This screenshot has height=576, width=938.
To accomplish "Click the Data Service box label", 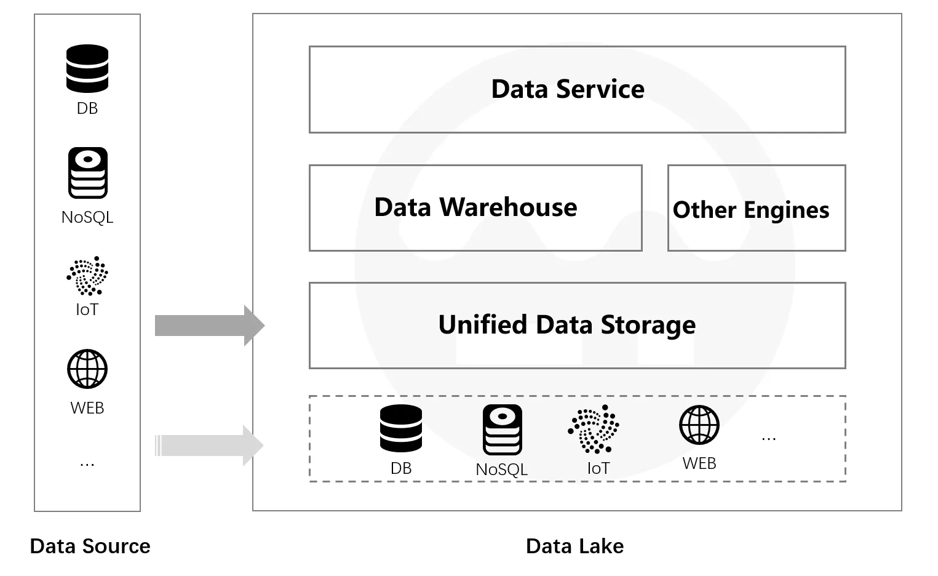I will (568, 89).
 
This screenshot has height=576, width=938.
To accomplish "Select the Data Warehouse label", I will (475, 207).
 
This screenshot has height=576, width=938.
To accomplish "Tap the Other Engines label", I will (751, 210).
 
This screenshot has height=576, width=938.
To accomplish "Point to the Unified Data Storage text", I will (566, 325).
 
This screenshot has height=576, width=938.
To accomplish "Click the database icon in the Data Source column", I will (87, 68).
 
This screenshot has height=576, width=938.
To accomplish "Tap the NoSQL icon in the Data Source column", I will (87, 173).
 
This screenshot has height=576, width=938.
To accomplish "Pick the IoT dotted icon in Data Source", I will (87, 276).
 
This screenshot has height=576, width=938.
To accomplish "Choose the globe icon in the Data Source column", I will (87, 369).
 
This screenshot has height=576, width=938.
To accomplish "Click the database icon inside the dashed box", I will (401, 428).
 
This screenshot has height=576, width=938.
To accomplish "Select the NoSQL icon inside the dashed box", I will (502, 430).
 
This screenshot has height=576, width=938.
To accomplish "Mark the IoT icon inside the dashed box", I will (594, 428).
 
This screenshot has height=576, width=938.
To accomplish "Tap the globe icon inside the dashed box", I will (699, 425).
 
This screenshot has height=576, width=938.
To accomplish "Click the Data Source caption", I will (90, 546).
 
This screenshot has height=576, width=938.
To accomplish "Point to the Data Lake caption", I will (574, 546).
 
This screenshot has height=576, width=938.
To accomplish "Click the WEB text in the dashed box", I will (699, 463).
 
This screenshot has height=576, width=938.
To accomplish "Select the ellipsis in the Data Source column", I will (87, 463).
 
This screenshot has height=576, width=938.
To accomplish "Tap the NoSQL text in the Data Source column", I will (87, 217).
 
